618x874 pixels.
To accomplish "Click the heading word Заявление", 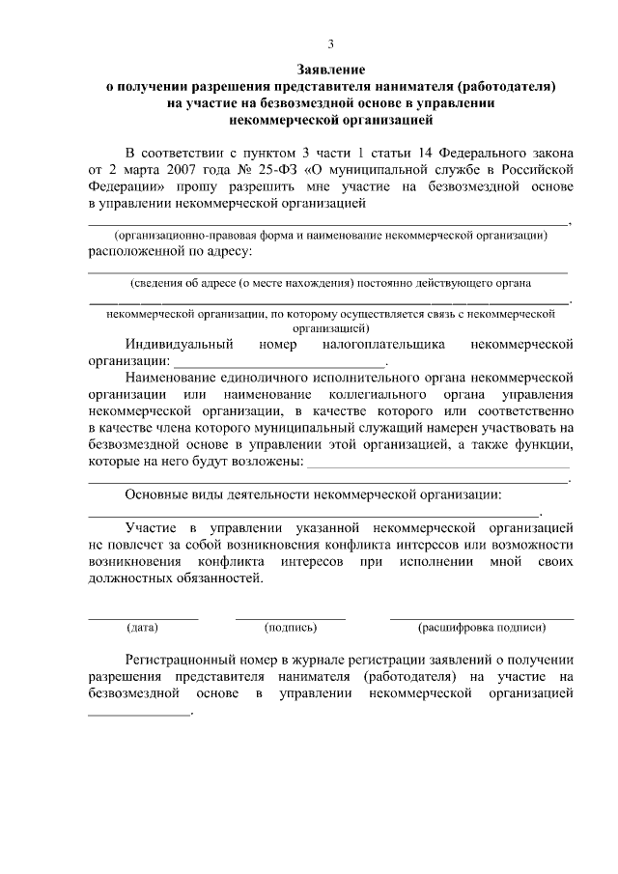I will [330, 70].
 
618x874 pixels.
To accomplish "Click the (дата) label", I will [142, 628].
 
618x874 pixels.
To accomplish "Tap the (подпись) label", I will [291, 628].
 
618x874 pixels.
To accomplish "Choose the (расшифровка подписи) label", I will [481, 628].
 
